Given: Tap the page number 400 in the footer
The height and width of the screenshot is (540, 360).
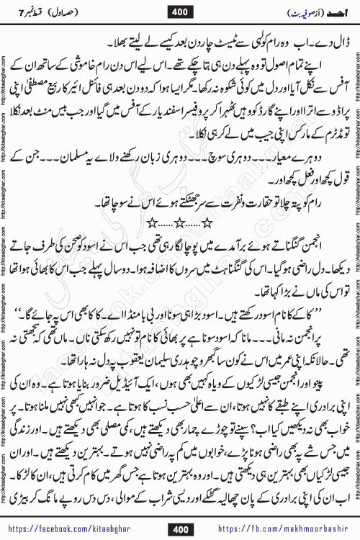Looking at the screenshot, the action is coord(179,530).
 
